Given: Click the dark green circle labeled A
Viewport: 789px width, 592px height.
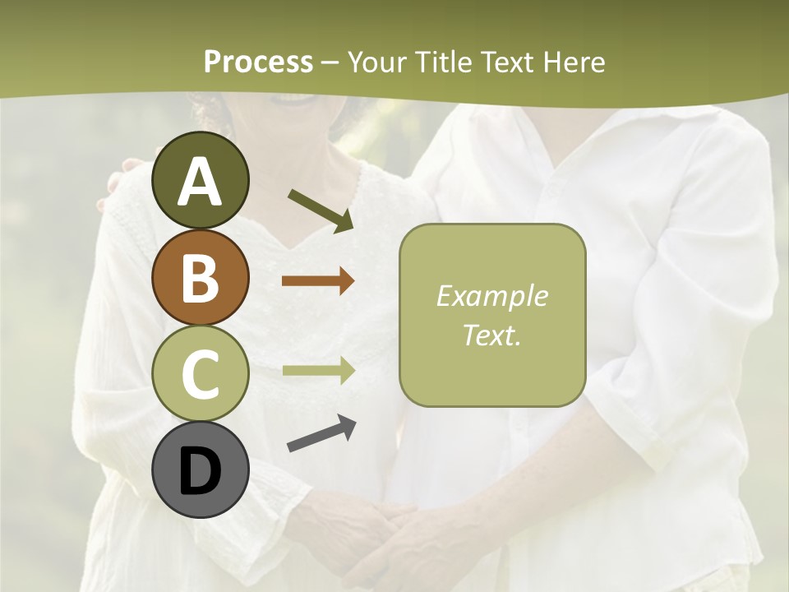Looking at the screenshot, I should pos(201,180).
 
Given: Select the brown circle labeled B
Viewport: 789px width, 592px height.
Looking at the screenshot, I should pos(201,277).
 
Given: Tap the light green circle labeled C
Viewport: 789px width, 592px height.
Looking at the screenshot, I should pos(201,374).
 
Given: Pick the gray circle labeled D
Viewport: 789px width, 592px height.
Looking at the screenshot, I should pos(201,470).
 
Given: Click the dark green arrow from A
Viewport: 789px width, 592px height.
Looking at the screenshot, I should pos(320,210).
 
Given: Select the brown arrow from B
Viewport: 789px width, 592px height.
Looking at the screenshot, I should pos(318,281).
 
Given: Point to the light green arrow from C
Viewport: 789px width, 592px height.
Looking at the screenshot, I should pos(318,370).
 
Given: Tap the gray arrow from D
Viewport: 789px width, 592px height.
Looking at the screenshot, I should pos(321,434).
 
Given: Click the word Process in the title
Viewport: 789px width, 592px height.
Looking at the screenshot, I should pos(258,62).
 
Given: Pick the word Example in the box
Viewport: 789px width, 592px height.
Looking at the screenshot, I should pos(491,296).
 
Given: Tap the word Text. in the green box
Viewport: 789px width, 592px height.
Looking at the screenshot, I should pos(491,335).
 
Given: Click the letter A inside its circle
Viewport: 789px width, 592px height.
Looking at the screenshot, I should pos(201,182).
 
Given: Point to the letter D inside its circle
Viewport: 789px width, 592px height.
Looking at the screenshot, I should pos(201,472).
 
